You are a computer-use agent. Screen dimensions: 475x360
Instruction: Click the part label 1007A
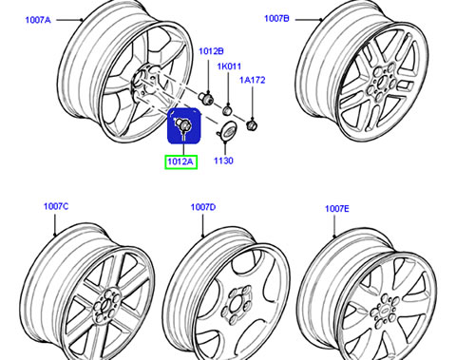point(38,20)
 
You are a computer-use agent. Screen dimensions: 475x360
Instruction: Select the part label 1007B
point(276,18)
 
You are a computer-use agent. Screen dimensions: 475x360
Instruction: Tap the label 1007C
point(56,206)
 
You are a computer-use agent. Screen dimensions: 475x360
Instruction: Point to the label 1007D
point(203,207)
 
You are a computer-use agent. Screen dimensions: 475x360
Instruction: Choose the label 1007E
point(337,209)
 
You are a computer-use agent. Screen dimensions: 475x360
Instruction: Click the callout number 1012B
point(211,51)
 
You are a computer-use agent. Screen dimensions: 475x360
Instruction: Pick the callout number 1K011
point(229,66)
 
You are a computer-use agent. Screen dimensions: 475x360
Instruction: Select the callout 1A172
point(252,80)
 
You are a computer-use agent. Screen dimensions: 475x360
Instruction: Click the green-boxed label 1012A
point(180,161)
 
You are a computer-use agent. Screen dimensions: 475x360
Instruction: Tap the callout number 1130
point(223,161)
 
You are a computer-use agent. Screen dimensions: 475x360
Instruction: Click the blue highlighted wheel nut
point(183,123)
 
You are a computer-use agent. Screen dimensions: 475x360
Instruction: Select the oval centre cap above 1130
point(225,130)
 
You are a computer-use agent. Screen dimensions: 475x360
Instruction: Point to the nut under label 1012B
point(206,97)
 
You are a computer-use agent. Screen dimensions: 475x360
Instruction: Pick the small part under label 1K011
point(227,110)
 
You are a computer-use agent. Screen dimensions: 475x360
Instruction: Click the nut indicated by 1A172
point(252,125)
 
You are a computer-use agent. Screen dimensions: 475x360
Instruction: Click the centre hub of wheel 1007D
point(237,304)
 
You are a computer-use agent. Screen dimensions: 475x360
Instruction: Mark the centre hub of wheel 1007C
point(105,305)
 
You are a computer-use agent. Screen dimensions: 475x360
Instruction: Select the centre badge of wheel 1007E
point(384,312)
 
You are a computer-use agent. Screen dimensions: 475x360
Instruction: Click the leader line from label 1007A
point(69,20)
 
